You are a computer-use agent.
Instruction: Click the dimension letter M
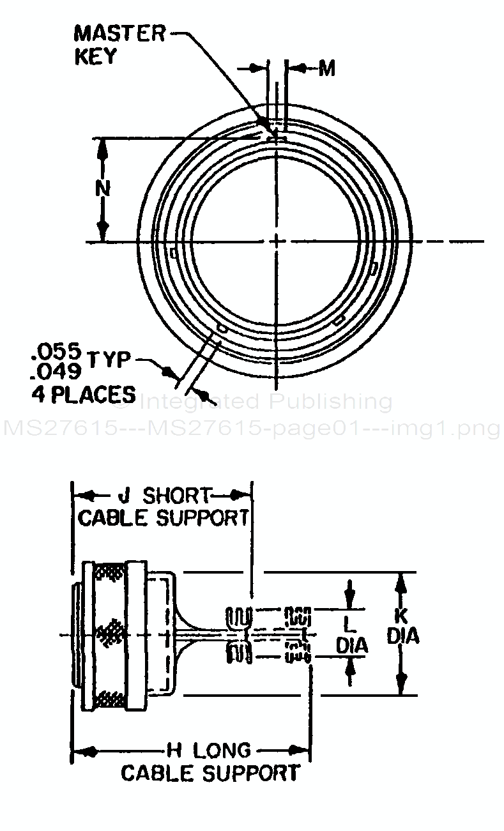[x=326, y=68]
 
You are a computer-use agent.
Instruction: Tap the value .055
[x=56, y=351]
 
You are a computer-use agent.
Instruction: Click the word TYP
[x=109, y=360]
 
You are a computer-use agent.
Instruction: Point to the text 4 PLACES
[x=83, y=393]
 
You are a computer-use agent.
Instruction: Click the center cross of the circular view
[x=277, y=241]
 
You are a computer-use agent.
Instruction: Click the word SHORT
[x=176, y=495]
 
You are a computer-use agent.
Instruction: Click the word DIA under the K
[x=402, y=637]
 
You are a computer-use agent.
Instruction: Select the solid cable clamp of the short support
[x=240, y=634]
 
